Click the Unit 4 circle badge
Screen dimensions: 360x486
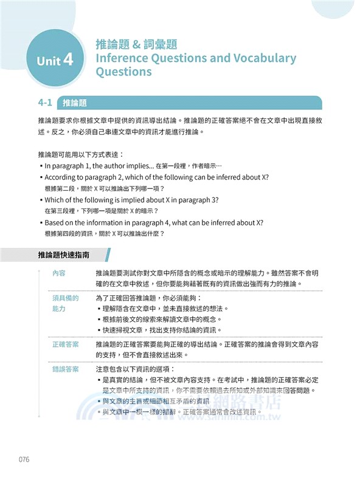tap(55, 61)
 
